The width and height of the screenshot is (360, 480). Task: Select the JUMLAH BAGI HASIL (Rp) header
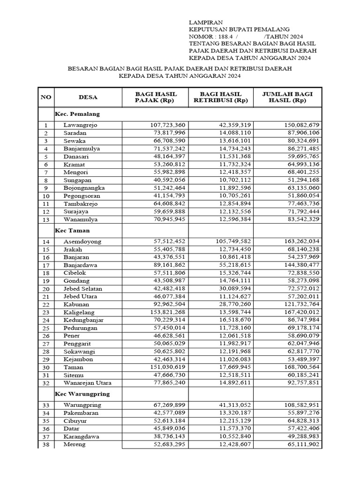pos(287,97)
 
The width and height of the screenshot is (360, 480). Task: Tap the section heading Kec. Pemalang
pos(77,114)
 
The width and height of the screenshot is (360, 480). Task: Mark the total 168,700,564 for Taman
pos(298,367)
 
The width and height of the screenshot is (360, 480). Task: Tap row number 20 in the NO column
pos(46,289)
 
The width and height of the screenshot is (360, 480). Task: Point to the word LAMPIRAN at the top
pos(202,22)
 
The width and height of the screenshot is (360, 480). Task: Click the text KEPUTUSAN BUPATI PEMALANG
pos(239,30)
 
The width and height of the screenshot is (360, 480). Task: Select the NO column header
pos(46,97)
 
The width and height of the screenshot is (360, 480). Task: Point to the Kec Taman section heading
pos(72,231)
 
